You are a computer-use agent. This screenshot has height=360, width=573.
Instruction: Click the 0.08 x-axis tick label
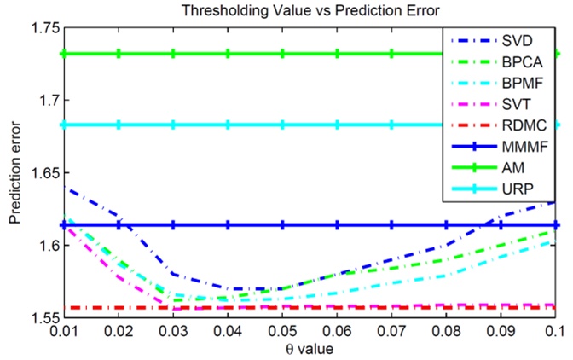coord(447,330)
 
